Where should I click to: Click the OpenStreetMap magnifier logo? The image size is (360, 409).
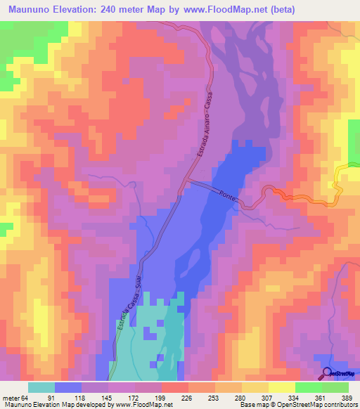[327, 372]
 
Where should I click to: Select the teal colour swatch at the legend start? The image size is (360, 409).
[41, 387]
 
